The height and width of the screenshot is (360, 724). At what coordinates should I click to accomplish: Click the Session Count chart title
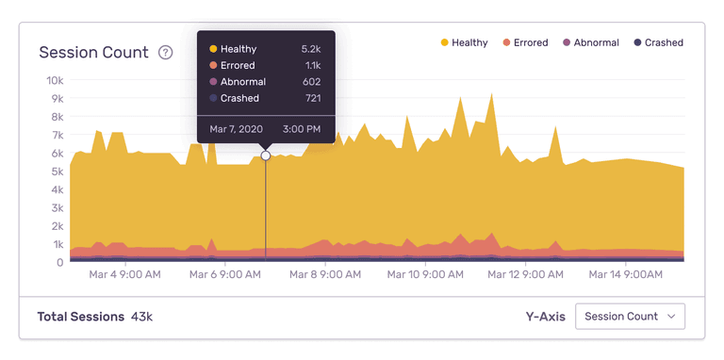tap(93, 53)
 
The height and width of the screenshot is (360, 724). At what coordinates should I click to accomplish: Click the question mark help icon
tap(166, 53)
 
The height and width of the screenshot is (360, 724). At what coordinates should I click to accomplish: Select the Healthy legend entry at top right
tap(464, 42)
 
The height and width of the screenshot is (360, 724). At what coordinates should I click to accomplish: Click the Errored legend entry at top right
tap(524, 42)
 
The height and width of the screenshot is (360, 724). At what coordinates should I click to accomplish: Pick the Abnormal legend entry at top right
tap(590, 42)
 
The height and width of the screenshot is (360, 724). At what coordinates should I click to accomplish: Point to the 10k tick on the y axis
tap(55, 81)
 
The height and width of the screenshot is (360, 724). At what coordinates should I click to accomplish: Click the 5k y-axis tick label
tap(56, 172)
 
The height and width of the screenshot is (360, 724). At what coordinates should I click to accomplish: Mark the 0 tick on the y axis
tap(59, 262)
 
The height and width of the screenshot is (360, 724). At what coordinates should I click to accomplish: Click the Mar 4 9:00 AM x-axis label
tap(124, 275)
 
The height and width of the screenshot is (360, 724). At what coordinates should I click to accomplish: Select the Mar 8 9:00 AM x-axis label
tap(325, 275)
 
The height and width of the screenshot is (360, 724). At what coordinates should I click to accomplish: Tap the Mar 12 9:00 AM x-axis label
tap(525, 275)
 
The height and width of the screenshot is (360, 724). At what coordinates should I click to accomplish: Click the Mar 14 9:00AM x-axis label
tap(624, 275)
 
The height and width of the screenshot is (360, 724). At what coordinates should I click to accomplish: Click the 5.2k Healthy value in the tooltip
tap(311, 49)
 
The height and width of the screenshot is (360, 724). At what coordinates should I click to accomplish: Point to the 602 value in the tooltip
tap(311, 82)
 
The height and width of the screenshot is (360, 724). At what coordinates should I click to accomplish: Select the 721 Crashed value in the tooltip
tap(311, 98)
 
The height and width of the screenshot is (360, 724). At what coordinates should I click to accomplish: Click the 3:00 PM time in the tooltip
tap(301, 129)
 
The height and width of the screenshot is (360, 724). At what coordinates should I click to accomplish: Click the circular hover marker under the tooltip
tap(266, 155)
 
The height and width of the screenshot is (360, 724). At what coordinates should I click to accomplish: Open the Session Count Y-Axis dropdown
tap(630, 317)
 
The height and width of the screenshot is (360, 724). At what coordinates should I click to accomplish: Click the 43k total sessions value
tap(141, 317)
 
